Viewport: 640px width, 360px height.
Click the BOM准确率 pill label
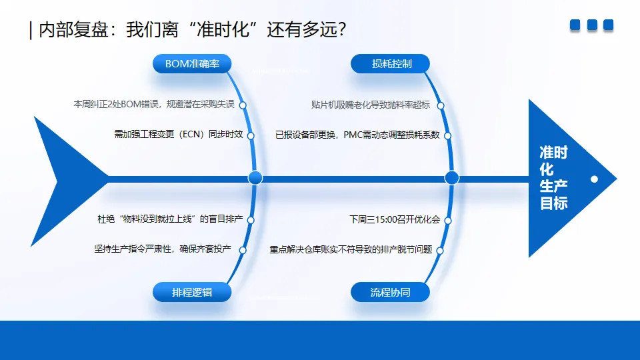[192, 64]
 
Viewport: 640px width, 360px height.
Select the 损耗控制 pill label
[391, 64]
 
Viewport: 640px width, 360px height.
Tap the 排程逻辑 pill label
[192, 292]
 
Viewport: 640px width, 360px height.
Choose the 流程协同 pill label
[391, 292]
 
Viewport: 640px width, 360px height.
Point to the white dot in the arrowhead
[594, 179]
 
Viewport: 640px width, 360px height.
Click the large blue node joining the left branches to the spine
[255, 178]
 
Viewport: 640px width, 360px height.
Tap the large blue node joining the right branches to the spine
[452, 178]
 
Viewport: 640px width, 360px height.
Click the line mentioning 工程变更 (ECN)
[179, 135]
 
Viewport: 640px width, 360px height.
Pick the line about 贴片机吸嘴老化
[370, 105]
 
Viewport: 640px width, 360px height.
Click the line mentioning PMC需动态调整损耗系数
[357, 135]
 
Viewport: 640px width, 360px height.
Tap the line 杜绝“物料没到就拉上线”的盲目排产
[170, 219]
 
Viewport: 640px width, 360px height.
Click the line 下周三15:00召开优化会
[395, 219]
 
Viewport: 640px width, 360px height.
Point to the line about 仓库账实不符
[351, 249]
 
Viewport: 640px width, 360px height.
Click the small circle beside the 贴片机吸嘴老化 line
[441, 105]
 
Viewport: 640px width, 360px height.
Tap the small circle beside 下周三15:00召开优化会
[447, 219]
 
